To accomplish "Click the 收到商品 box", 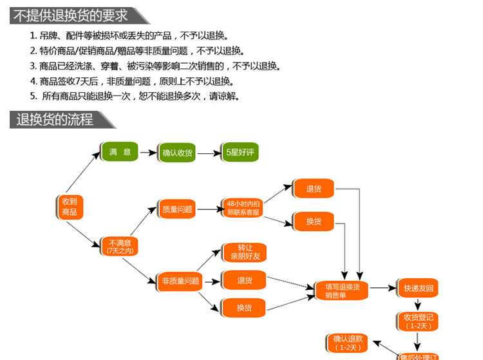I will [70, 207].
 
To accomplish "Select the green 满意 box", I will [120, 152].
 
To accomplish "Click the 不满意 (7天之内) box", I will [120, 247].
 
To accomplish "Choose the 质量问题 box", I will [177, 209].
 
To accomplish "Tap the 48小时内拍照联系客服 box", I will [243, 207].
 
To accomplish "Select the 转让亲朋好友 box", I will [243, 252].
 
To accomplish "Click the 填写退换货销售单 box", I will [341, 290].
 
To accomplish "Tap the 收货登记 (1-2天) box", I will [419, 321].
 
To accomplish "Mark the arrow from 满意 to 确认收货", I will [149, 153].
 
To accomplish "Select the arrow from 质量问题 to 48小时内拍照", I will [207, 209].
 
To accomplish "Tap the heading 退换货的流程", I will [55, 120].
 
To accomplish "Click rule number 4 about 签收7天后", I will [132, 82].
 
